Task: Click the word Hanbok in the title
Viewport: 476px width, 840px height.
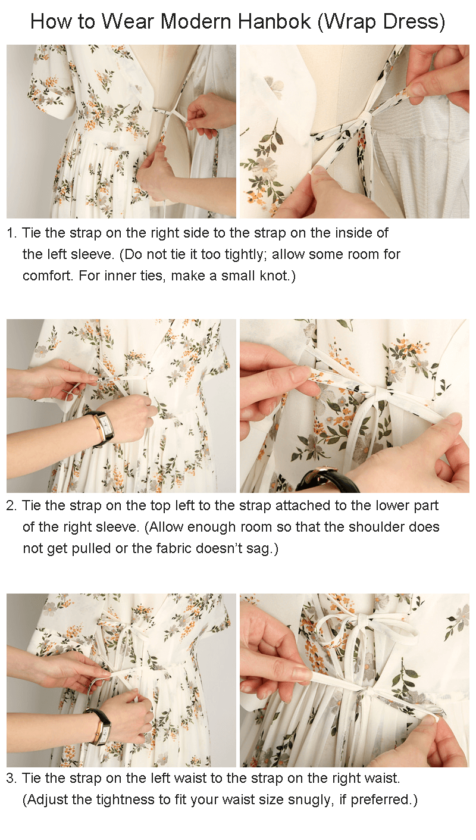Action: click(x=274, y=21)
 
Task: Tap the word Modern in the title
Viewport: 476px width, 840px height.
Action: click(x=196, y=21)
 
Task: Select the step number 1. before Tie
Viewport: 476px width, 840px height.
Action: click(x=12, y=233)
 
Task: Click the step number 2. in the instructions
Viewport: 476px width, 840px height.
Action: click(x=12, y=506)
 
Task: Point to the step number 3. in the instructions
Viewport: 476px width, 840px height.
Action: click(x=12, y=778)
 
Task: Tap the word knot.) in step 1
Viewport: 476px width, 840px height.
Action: click(x=277, y=276)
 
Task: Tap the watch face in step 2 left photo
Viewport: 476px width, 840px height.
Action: click(x=107, y=429)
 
